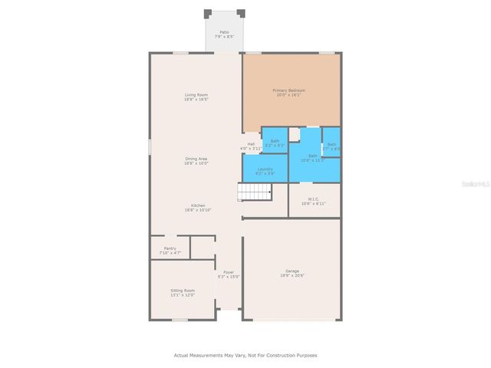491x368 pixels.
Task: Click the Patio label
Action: click(224, 32)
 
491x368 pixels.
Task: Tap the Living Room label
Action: click(196, 95)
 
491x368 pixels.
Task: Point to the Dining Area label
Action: click(196, 159)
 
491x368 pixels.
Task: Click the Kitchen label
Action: click(197, 205)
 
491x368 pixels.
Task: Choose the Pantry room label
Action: click(170, 248)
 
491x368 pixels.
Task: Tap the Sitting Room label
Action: click(183, 291)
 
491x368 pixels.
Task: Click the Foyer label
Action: click(229, 272)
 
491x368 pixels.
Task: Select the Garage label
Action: click(292, 271)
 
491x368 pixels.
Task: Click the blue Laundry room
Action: click(265, 169)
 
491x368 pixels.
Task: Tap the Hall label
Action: click(251, 143)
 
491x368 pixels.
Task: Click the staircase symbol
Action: click(255, 192)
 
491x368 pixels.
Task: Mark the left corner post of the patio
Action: click(208, 13)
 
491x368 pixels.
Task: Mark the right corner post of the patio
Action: click(241, 13)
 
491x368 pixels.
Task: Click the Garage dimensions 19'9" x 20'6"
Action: click(292, 275)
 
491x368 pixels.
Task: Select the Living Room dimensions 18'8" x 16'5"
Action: click(196, 100)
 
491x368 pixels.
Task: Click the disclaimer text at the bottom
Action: click(245, 355)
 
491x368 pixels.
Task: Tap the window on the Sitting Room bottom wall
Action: click(180, 320)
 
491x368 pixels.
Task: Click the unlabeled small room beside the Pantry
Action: click(202, 247)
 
